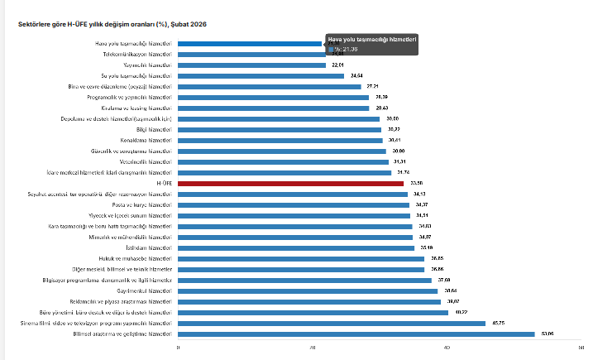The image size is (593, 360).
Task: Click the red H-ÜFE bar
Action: click(290, 184)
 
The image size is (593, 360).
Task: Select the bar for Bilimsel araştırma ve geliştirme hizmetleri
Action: click(356, 334)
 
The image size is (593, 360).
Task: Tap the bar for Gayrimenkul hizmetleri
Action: click(306, 290)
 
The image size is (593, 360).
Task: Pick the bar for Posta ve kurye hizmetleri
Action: click(294, 204)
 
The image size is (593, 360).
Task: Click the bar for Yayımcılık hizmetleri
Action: click(251, 65)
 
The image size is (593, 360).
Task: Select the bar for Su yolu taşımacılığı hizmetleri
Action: click(261, 75)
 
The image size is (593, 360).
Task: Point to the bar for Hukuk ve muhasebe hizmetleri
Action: click(301, 258)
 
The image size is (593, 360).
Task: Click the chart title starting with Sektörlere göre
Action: click(112, 25)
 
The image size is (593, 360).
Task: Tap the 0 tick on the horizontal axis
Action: click(178, 347)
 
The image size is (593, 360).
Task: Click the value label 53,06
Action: click(547, 334)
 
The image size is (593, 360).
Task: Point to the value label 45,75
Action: click(498, 323)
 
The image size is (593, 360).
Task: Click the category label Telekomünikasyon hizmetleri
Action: click(138, 54)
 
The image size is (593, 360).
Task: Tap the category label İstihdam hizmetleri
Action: click(154, 247)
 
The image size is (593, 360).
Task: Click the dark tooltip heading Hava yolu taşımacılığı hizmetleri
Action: click(372, 40)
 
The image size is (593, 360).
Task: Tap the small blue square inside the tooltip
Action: click(331, 50)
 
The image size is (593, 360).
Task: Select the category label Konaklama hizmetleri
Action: click(148, 140)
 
